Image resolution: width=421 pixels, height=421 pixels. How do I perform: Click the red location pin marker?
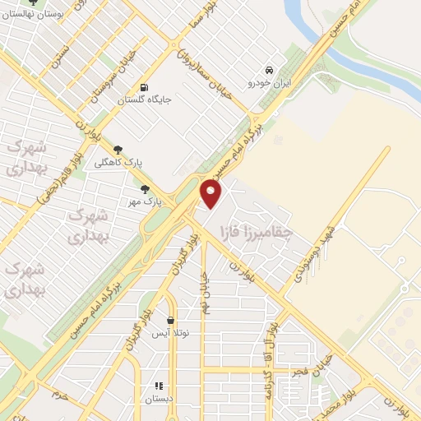click(211, 194)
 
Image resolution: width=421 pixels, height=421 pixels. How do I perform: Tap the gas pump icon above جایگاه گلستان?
click(145, 88)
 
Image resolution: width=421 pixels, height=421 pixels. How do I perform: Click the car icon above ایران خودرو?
click(269, 70)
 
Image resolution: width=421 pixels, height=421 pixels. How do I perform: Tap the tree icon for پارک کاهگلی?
click(118, 150)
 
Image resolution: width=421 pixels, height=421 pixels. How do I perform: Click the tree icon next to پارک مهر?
click(145, 189)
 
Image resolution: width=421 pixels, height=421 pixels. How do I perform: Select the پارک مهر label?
click(143, 201)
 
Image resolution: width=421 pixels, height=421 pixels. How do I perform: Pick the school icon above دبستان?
click(158, 385)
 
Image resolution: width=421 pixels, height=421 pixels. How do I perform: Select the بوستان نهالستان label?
click(33, 14)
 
